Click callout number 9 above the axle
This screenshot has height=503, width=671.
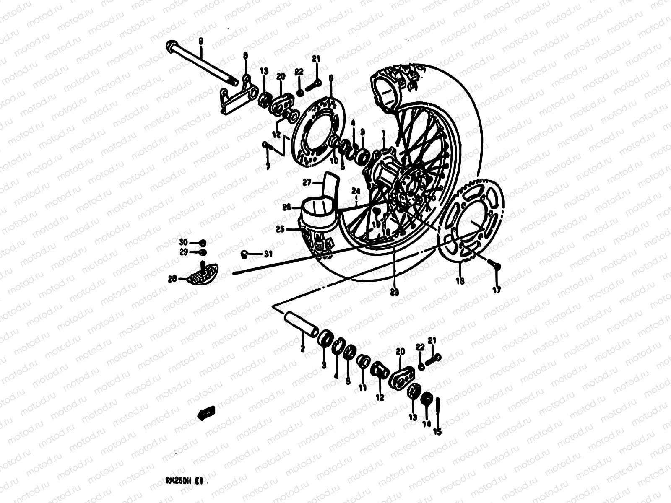pos(200,41)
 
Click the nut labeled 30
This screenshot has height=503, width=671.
pos(203,243)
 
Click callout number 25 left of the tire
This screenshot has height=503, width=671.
pos(291,229)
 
